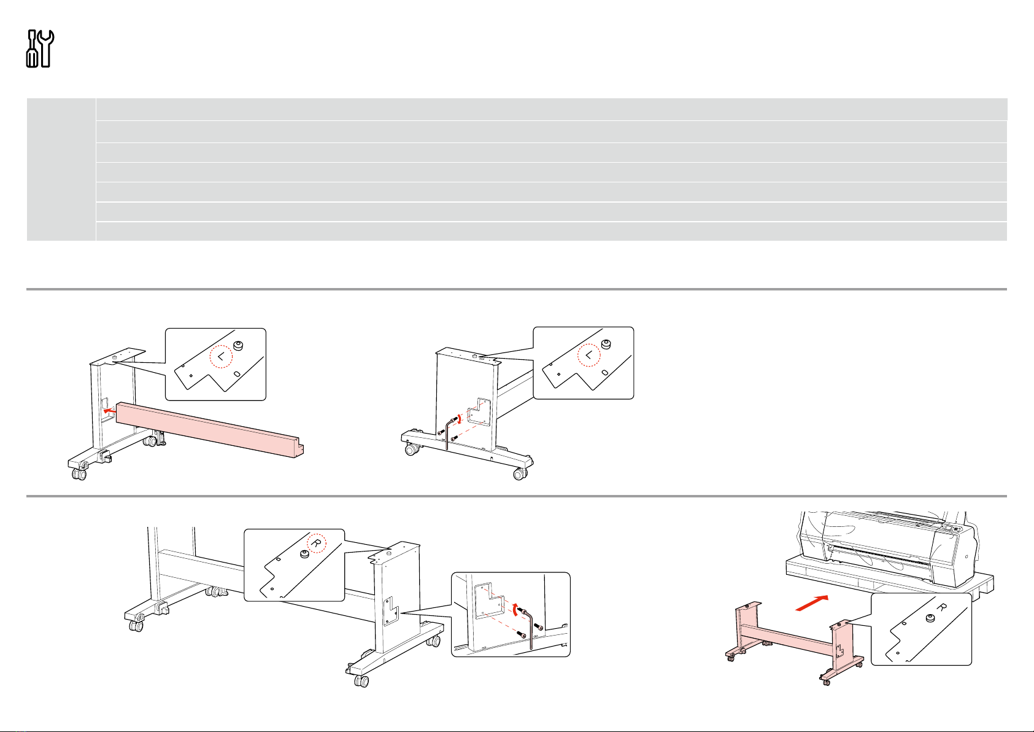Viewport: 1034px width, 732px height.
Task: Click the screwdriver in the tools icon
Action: click(32, 49)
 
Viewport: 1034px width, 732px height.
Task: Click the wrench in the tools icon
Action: click(45, 49)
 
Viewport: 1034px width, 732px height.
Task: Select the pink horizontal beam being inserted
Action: click(210, 429)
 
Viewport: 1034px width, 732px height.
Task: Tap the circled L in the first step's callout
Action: click(221, 357)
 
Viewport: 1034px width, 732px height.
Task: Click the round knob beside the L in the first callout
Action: click(238, 346)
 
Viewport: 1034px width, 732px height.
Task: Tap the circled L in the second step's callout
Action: click(589, 355)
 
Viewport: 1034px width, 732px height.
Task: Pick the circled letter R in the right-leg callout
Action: click(316, 543)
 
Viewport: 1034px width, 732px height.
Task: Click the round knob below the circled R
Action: click(304, 554)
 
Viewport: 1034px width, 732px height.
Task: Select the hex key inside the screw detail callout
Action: click(528, 629)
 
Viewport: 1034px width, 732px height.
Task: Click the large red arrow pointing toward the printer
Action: click(812, 603)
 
